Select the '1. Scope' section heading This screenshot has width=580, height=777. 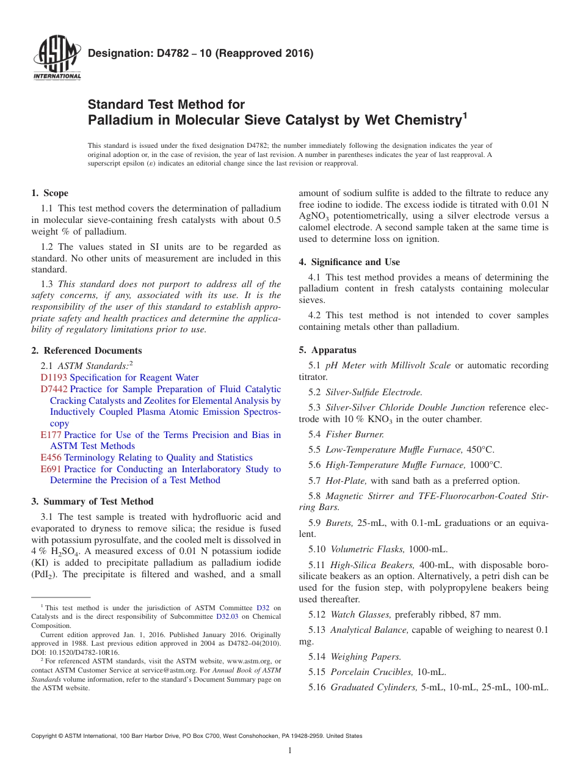pyautogui.click(x=49, y=193)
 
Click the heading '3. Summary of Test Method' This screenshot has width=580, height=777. pyautogui.click(x=92, y=502)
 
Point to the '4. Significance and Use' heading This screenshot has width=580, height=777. pyautogui.click(x=349, y=262)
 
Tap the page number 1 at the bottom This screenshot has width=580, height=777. pyautogui.click(x=290, y=750)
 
